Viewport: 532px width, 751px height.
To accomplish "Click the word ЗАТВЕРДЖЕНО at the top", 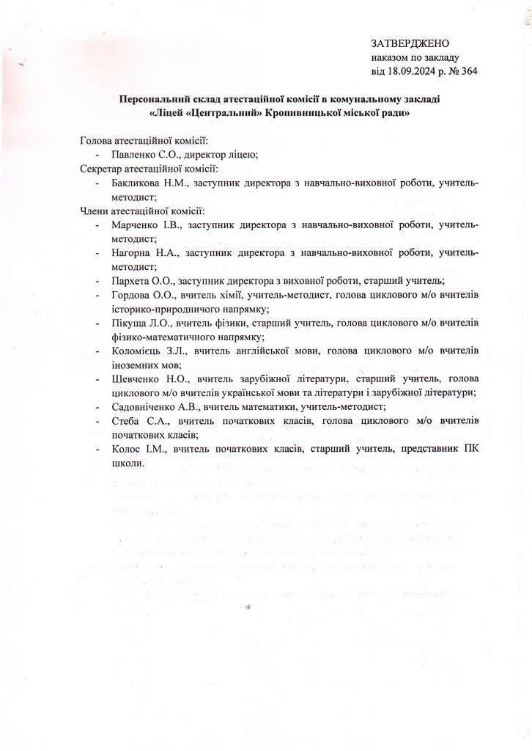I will pyautogui.click(x=410, y=44).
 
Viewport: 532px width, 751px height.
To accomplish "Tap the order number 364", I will pyautogui.click(x=469, y=71).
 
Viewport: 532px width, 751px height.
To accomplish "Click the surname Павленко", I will pyautogui.click(x=134, y=155).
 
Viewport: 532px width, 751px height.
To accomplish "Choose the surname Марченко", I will pyautogui.click(x=136, y=224).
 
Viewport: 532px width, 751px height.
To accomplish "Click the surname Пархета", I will pyautogui.click(x=132, y=280).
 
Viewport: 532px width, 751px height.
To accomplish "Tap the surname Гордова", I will pyautogui.click(x=132, y=294).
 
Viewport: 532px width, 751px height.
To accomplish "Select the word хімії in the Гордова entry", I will pyautogui.click(x=226, y=294).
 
